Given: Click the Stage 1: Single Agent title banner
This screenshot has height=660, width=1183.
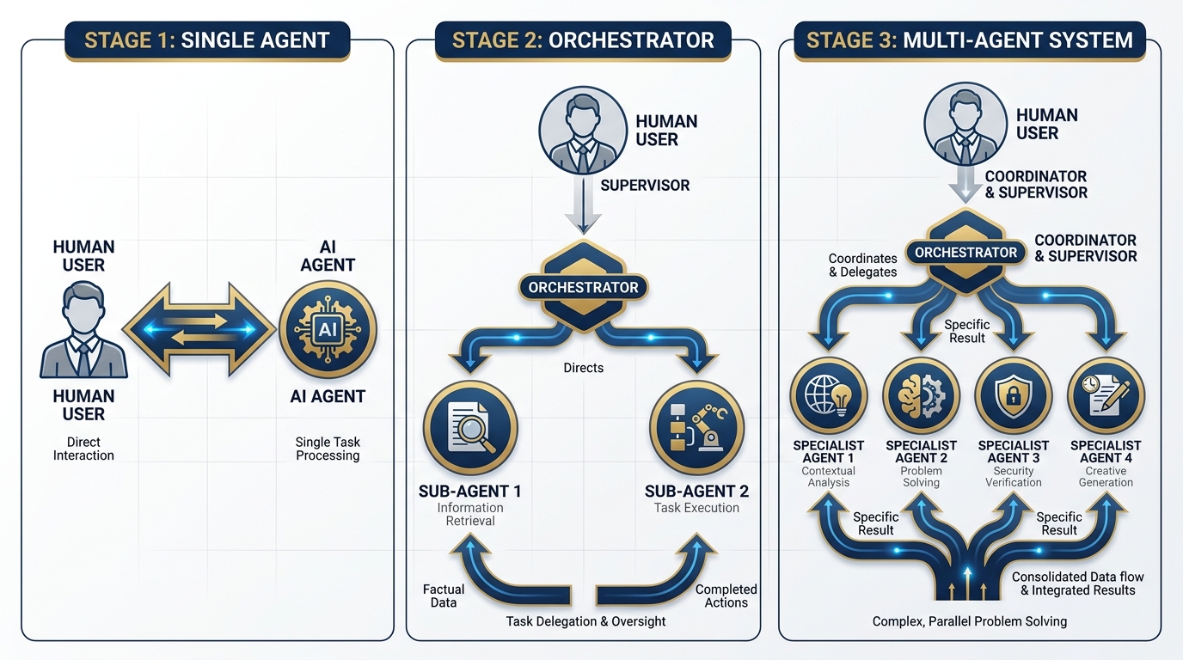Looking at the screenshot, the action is (x=207, y=40).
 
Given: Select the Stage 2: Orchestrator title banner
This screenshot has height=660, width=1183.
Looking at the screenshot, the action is (x=583, y=40).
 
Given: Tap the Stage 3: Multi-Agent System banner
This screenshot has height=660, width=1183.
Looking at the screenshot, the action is (x=969, y=40).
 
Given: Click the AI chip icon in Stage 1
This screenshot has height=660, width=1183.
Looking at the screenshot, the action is (x=328, y=329).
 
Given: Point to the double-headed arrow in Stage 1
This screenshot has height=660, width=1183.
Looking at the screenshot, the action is (x=200, y=329).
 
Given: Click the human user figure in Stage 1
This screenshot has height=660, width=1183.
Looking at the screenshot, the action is (x=83, y=332).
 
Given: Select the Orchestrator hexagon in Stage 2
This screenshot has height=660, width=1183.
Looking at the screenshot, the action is (x=583, y=286).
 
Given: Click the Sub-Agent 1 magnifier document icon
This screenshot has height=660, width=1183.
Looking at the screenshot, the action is (x=470, y=428).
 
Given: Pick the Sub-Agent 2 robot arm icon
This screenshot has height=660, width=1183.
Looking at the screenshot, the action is (x=696, y=428).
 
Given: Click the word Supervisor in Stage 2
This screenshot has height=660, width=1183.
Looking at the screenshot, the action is (x=645, y=185).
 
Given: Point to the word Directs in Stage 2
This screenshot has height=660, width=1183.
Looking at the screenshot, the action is (x=584, y=368).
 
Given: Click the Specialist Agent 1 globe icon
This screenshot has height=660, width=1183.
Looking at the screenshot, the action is (x=828, y=395).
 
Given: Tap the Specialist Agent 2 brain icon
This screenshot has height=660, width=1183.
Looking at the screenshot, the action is (x=921, y=395).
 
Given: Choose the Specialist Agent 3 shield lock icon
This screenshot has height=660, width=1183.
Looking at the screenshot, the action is (x=1013, y=395).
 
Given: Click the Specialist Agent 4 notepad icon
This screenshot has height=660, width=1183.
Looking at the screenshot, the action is (x=1106, y=395).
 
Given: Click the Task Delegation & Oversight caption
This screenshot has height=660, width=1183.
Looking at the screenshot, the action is (x=585, y=621).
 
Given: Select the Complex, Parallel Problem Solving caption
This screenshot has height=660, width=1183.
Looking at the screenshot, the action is (x=969, y=621).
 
